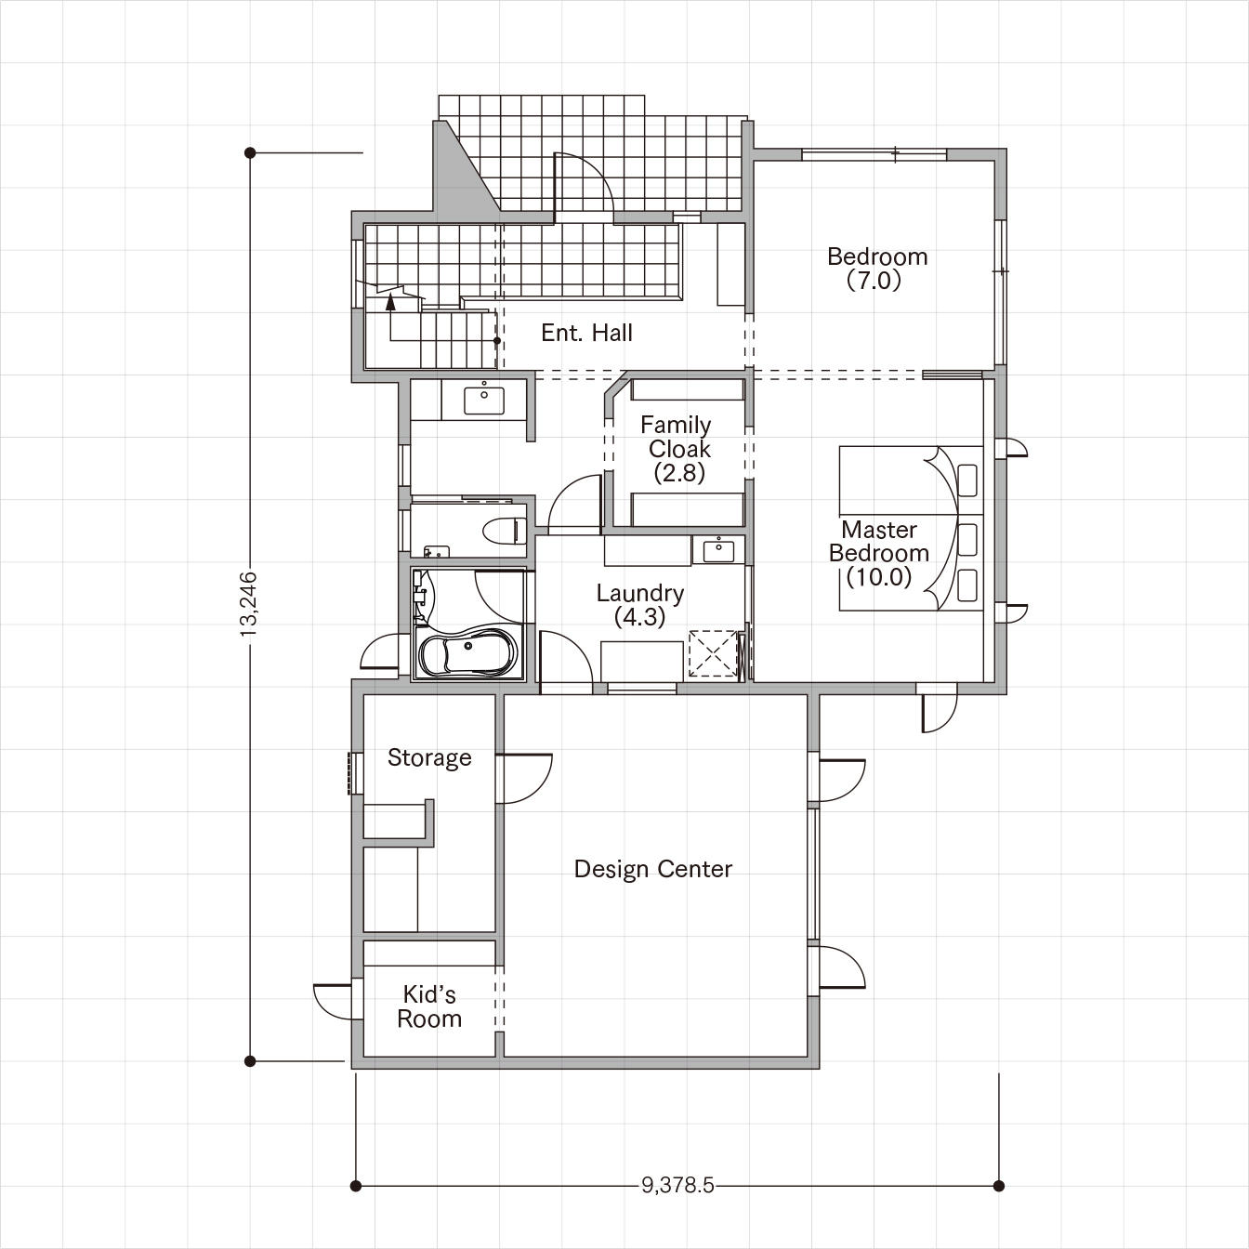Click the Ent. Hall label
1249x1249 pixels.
coord(586,333)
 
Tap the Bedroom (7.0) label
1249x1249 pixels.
coord(877,269)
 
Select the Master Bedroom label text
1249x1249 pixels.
coord(879,553)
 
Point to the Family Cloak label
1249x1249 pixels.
coord(677,449)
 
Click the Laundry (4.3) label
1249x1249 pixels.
coord(640,605)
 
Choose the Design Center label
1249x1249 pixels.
coord(653,869)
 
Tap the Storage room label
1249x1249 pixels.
coord(429,757)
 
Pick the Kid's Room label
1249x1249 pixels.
coord(429,1006)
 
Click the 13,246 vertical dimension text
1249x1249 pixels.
coord(248,603)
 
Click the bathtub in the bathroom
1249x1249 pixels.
coord(468,653)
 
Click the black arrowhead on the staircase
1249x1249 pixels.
coord(391,301)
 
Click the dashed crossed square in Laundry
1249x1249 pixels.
coord(714,653)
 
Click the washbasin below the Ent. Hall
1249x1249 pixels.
coord(484,401)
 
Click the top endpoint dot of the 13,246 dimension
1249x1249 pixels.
coord(250,153)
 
